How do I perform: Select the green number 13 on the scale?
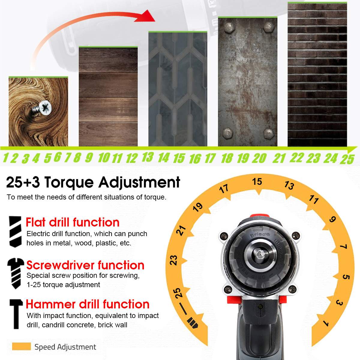(148, 157)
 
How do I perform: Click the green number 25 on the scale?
(347, 159)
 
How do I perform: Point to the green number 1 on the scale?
(6, 158)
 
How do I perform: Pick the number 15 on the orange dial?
(257, 181)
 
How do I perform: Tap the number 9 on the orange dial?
(332, 219)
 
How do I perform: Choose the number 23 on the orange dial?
(174, 260)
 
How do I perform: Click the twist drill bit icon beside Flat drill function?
(15, 232)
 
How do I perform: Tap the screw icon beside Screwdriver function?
(16, 273)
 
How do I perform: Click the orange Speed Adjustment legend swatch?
(21, 346)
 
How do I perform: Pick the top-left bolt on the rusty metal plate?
(228, 28)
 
